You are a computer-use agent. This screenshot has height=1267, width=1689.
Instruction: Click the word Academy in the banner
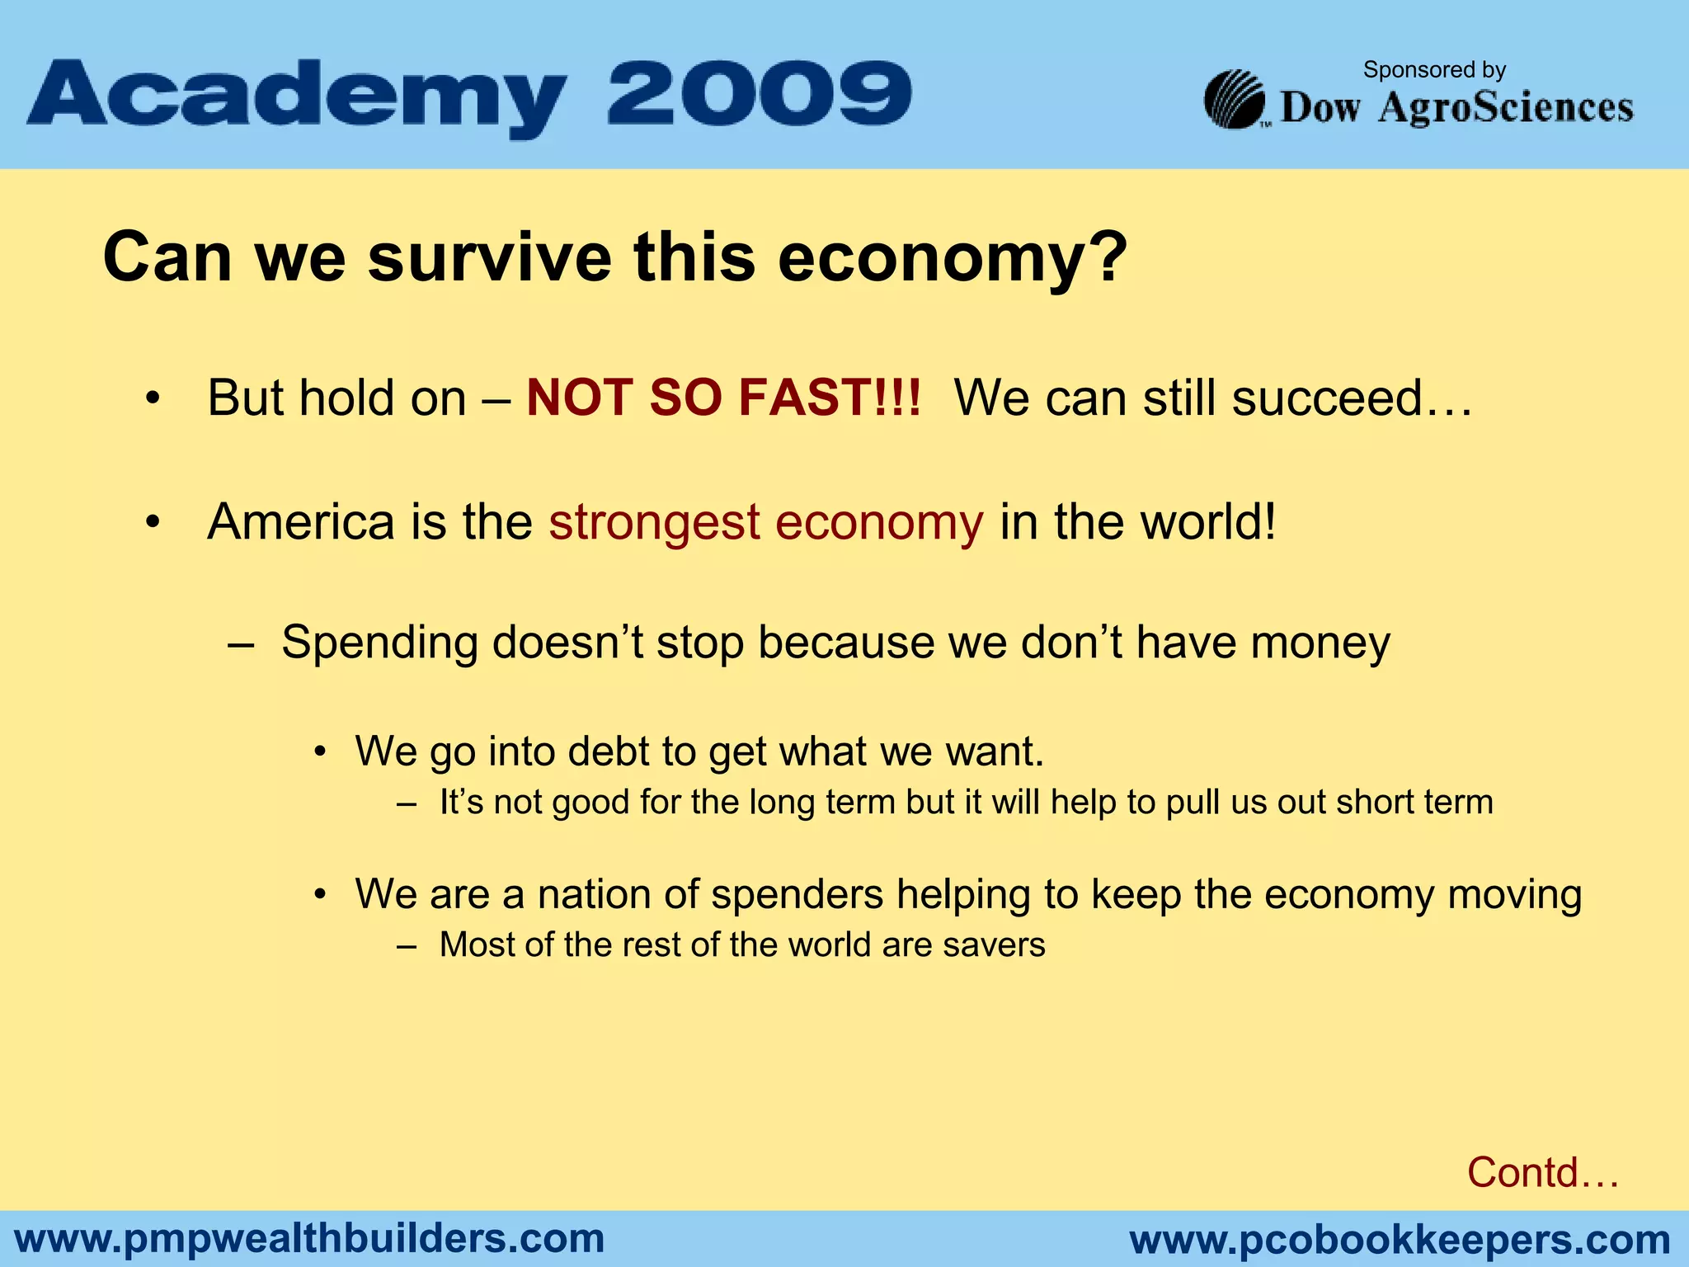point(297,97)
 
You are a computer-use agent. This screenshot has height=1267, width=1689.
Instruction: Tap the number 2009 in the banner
point(759,94)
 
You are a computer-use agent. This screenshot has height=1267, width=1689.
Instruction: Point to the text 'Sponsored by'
point(1434,70)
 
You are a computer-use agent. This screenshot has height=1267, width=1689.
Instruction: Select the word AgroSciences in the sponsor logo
point(1505,108)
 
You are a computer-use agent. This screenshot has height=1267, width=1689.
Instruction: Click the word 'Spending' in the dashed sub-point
point(379,643)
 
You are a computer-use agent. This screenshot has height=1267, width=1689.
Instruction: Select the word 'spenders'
point(797,894)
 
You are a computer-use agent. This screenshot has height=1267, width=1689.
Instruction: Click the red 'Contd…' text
point(1542,1172)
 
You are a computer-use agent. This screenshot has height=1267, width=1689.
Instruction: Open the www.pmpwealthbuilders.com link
point(310,1239)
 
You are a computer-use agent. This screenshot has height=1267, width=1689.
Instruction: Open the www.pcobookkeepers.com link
point(1400,1240)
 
